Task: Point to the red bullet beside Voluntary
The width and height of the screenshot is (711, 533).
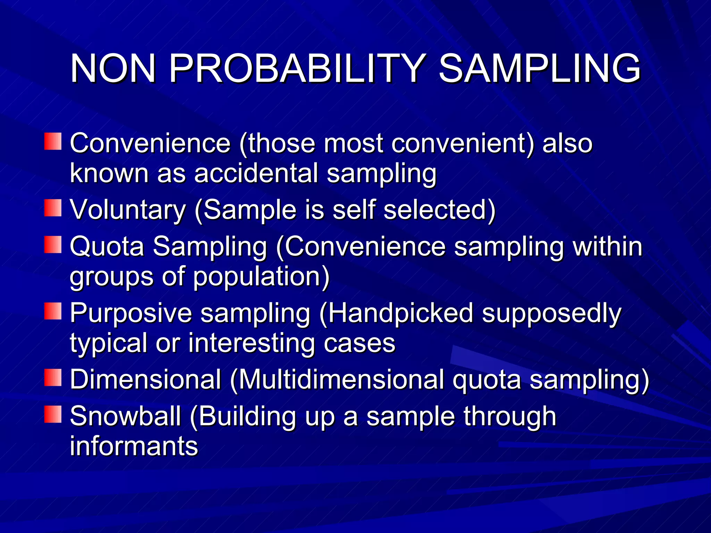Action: click(x=53, y=208)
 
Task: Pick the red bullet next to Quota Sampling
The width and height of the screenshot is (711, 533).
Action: click(x=53, y=245)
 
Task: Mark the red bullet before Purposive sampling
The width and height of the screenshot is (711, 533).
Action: click(x=53, y=311)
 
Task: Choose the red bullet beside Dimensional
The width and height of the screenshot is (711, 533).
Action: click(x=53, y=378)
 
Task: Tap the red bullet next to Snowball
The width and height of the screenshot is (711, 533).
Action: click(x=53, y=414)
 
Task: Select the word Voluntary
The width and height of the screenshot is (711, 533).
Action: click(x=128, y=210)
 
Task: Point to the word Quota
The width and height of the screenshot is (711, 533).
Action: click(x=107, y=247)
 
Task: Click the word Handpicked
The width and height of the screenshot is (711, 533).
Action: click(x=400, y=313)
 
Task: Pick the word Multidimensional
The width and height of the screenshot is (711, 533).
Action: click(x=341, y=380)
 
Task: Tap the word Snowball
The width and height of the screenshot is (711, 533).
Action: click(x=125, y=416)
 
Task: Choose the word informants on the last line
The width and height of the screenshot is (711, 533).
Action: click(x=134, y=446)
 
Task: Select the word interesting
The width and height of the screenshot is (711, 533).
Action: click(x=251, y=343)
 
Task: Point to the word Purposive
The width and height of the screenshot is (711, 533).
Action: click(x=131, y=313)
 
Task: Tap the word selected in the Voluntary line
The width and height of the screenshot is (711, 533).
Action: click(x=439, y=210)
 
